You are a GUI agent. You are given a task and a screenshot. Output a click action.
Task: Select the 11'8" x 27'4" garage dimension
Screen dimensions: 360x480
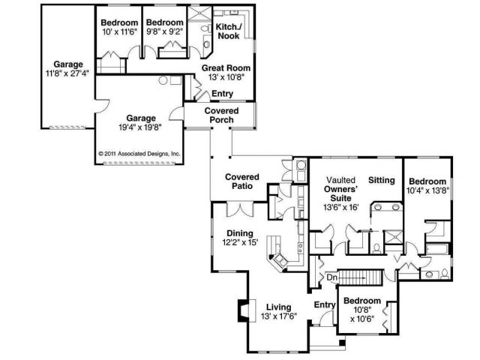click(67, 73)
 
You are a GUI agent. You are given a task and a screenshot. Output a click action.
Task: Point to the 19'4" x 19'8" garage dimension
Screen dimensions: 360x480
click(141, 127)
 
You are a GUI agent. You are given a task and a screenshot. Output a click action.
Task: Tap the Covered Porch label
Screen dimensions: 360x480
click(221, 115)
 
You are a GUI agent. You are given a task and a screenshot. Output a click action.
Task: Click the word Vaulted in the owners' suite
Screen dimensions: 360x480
click(341, 181)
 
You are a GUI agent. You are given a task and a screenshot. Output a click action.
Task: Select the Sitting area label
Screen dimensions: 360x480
click(382, 181)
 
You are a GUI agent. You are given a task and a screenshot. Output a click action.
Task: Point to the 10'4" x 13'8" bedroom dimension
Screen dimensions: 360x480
click(428, 191)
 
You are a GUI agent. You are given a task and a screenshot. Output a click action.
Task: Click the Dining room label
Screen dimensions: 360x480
click(239, 233)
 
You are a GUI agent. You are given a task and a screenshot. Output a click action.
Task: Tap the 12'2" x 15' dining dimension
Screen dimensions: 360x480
click(239, 243)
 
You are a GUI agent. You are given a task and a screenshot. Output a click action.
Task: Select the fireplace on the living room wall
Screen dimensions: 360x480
click(244, 310)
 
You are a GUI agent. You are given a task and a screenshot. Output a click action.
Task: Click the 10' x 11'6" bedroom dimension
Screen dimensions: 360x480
click(118, 34)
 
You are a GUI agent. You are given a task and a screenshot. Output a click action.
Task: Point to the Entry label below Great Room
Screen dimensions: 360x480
click(223, 94)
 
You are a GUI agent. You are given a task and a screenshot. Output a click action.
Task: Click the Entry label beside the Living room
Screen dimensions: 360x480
click(324, 304)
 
